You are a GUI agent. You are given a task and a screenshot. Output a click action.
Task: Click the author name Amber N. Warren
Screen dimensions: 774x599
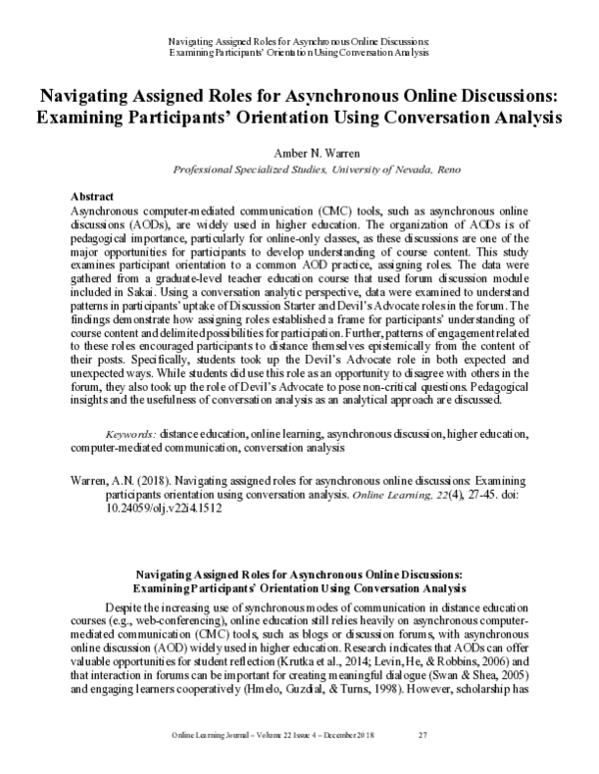(299, 154)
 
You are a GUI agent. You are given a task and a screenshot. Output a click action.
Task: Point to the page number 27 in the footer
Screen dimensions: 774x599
(422, 763)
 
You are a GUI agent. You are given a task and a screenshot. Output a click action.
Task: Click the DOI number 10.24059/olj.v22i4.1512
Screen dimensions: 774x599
(153, 508)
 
